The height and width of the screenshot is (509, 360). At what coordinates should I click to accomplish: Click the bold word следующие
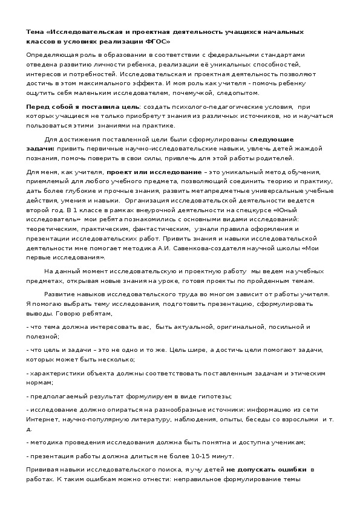(272, 139)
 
